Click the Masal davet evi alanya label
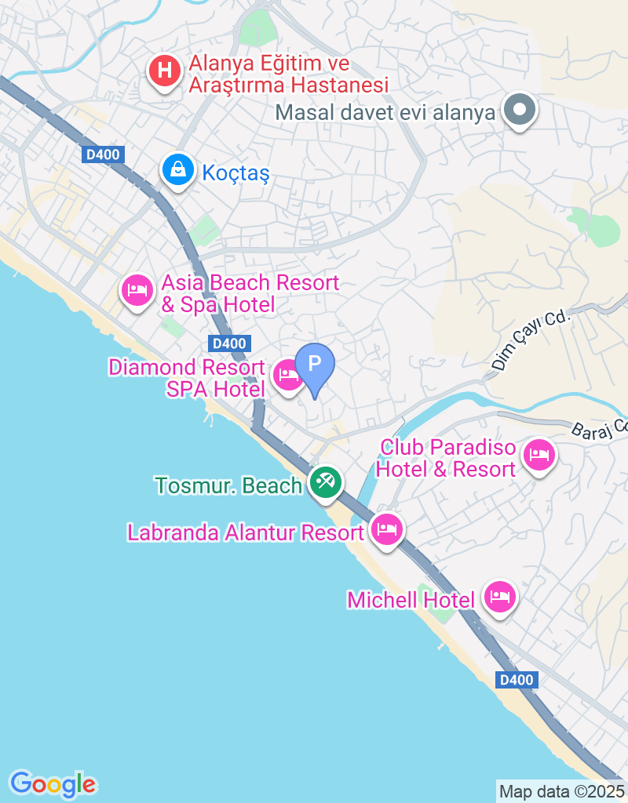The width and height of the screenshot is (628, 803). click(x=385, y=112)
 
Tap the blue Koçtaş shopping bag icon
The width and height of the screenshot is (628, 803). click(x=179, y=169)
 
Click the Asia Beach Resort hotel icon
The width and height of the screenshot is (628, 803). click(x=137, y=290)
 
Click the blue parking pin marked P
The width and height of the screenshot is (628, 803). click(x=315, y=365)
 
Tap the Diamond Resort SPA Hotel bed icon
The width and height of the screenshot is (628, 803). click(x=288, y=376)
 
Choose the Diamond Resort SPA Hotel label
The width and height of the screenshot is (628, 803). click(x=187, y=378)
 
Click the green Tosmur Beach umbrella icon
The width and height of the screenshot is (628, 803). click(x=324, y=482)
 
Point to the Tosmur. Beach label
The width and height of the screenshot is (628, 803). click(x=228, y=486)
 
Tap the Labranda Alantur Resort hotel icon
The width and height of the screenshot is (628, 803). click(x=387, y=531)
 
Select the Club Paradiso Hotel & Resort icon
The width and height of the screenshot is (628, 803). click(x=539, y=454)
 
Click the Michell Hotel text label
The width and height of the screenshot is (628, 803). click(x=411, y=601)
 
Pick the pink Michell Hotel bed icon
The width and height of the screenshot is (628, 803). click(x=500, y=598)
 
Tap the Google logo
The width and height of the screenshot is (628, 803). click(x=53, y=783)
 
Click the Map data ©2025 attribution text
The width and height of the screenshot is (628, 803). click(x=561, y=791)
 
